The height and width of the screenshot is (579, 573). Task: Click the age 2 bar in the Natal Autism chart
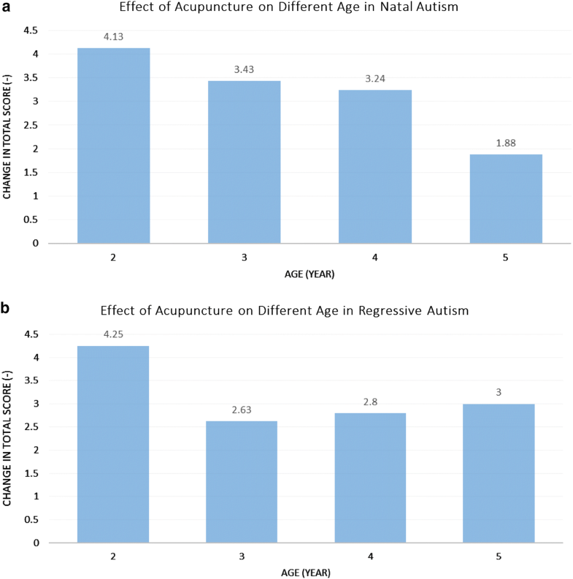[x=113, y=145]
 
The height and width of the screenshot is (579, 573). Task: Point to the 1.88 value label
[x=506, y=143]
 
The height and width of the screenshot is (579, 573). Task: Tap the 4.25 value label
[x=113, y=334]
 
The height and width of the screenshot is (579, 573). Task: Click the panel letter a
[x=6, y=7]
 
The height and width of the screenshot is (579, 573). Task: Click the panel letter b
[x=6, y=309]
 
